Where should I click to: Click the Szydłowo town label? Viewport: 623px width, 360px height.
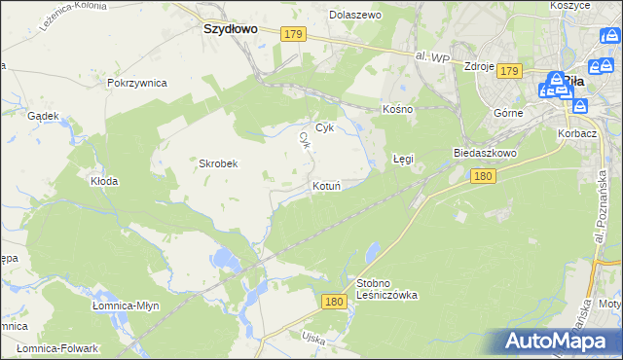(230, 29)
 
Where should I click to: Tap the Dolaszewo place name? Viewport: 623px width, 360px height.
(354, 16)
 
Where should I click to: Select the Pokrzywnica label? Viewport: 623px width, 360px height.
(137, 83)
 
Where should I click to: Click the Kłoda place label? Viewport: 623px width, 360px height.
(104, 181)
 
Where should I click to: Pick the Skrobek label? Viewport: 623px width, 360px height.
(219, 163)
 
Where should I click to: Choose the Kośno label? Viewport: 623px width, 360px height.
(398, 109)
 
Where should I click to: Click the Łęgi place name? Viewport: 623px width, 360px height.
(403, 157)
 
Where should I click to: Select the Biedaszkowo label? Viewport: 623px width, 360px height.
(484, 154)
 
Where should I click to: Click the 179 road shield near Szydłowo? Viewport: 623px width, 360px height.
(294, 34)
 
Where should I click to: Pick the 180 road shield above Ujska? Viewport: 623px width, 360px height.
(334, 303)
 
